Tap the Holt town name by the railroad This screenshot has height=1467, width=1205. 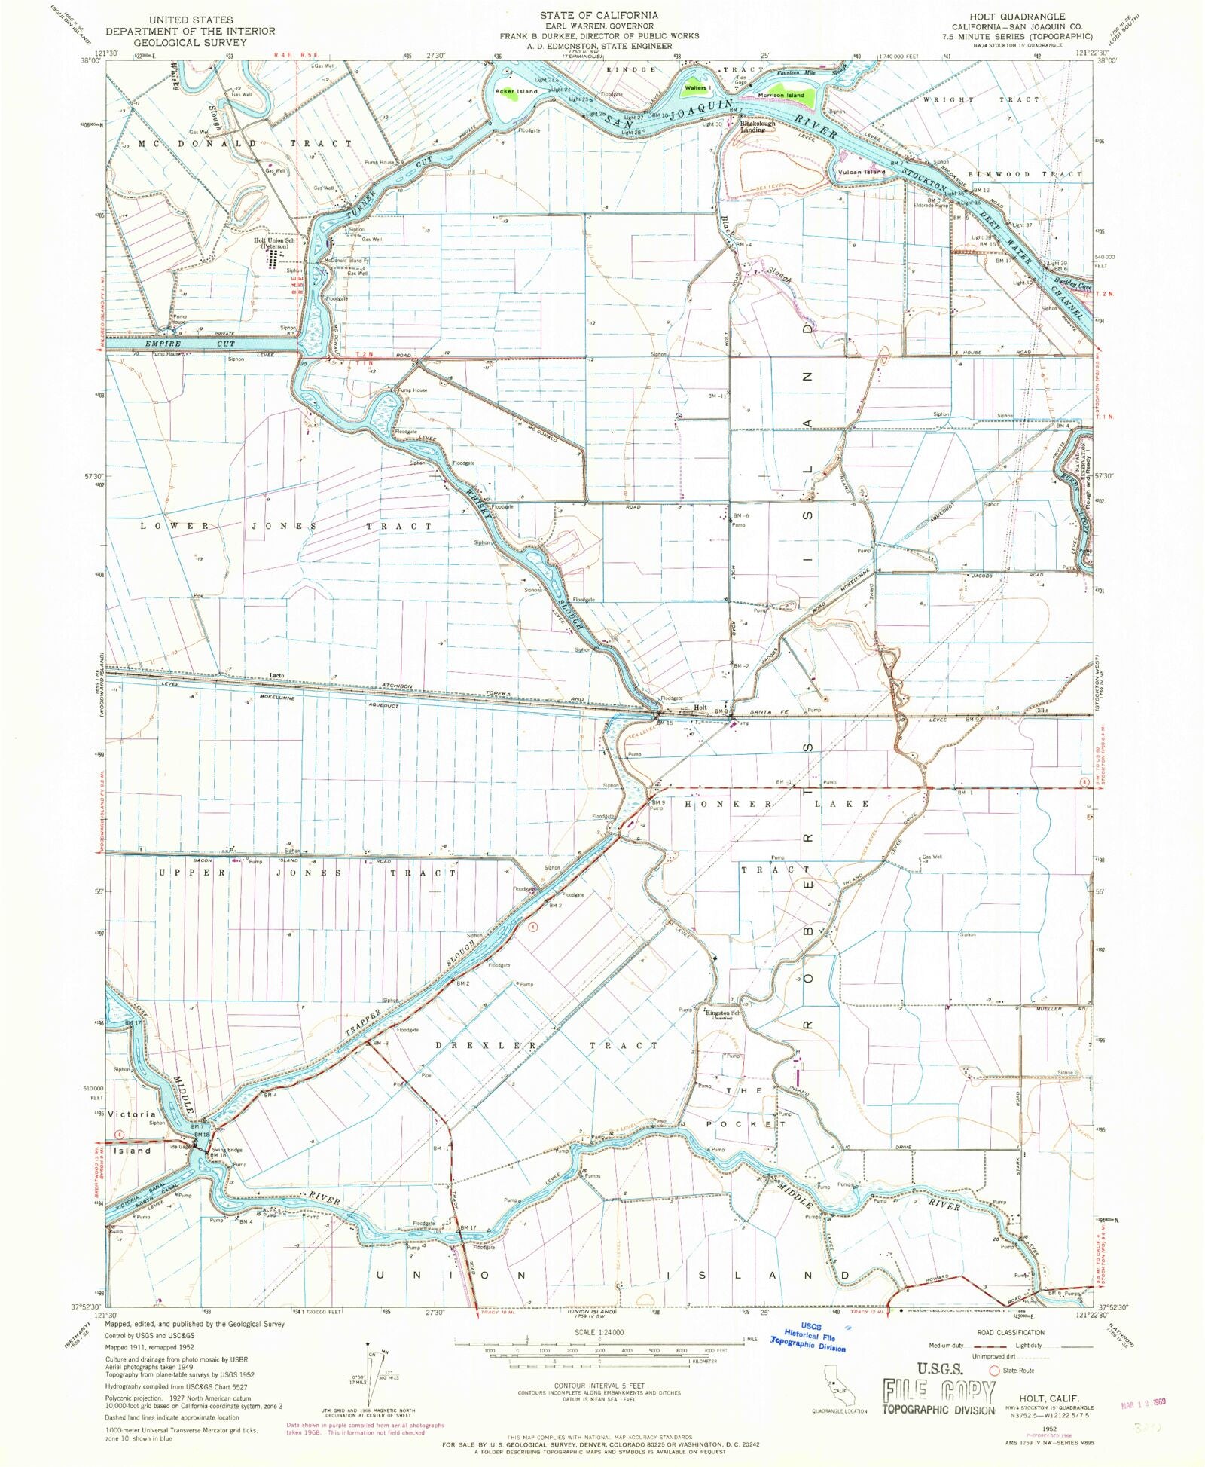tap(700, 708)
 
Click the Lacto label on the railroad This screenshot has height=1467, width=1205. tap(277, 675)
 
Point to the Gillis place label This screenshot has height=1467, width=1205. tap(1042, 710)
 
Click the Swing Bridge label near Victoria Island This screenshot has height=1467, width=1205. tap(227, 1150)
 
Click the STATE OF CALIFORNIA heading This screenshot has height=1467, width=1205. tap(599, 15)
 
